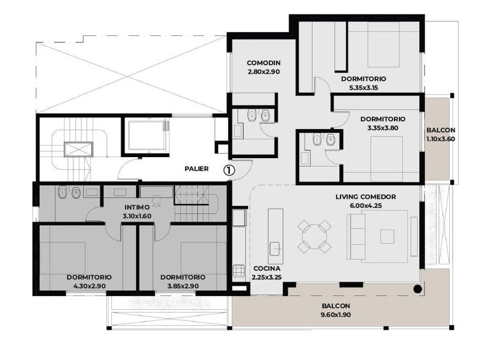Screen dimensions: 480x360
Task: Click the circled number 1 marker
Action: click(229, 170)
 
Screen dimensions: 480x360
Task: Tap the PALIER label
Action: click(197, 169)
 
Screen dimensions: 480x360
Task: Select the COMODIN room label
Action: click(263, 63)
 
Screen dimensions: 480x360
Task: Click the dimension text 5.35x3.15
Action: click(363, 87)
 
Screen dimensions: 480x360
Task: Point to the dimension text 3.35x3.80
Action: click(383, 128)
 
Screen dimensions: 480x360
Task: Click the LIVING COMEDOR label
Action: click(366, 197)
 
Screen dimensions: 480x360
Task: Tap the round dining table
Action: click(314, 237)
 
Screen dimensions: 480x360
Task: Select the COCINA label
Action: click(267, 269)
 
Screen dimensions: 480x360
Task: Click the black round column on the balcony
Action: click(418, 289)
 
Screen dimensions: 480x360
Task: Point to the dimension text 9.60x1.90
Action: click(336, 314)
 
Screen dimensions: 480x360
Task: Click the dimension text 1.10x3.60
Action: click(441, 139)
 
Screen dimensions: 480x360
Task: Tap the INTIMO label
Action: click(137, 207)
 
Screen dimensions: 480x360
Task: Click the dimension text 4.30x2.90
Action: click(89, 286)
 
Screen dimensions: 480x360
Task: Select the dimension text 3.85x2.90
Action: click(183, 286)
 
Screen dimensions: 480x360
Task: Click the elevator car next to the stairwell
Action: click(147, 135)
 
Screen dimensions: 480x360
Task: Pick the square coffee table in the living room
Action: click(387, 237)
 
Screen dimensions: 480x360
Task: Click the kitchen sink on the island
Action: click(275, 248)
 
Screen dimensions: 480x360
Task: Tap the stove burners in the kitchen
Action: click(239, 271)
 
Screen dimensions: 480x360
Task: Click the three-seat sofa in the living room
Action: click(356, 237)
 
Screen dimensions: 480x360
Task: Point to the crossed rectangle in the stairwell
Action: click(78, 149)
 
